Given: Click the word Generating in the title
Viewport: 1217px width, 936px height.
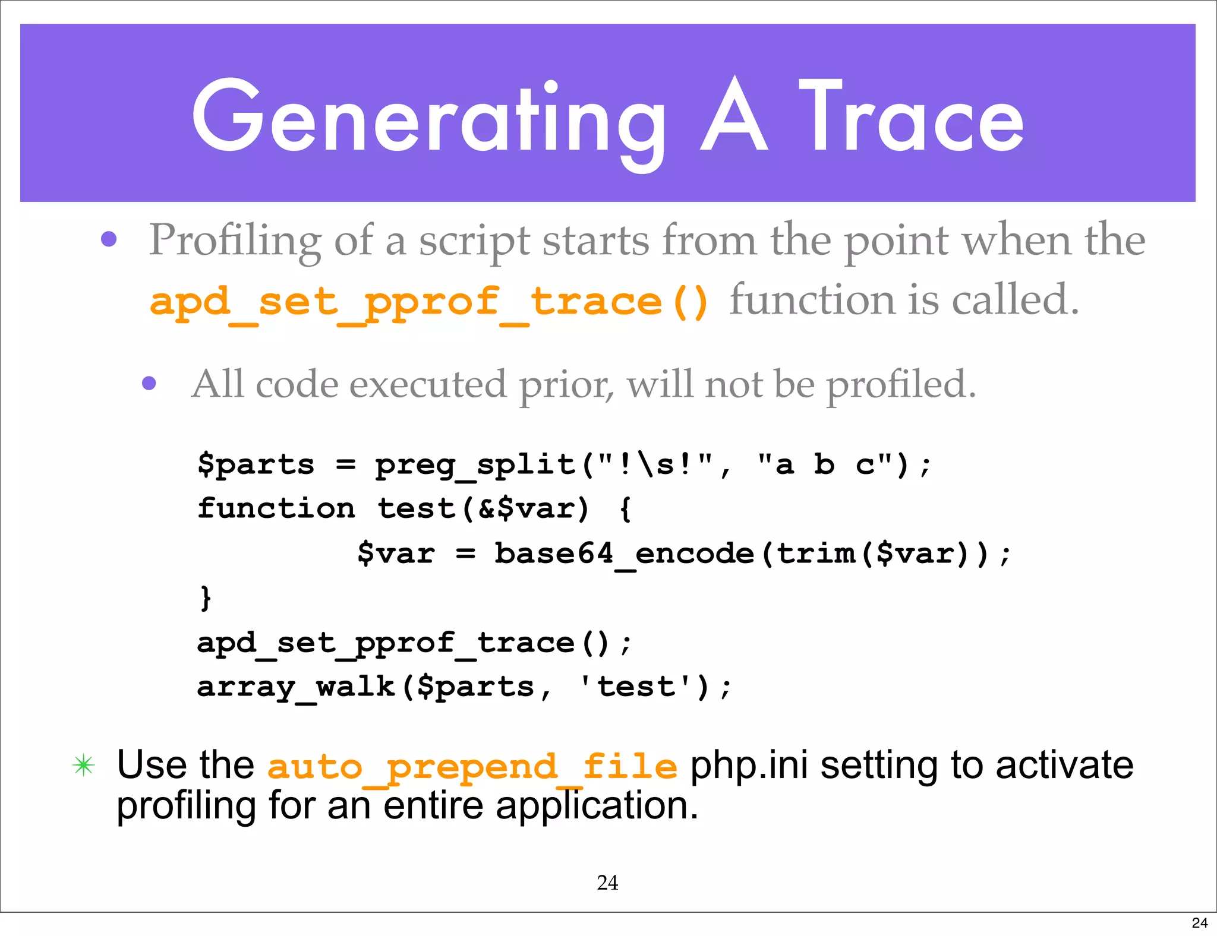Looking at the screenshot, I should coord(428,119).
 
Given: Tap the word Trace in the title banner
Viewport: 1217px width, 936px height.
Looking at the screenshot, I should coord(912,119).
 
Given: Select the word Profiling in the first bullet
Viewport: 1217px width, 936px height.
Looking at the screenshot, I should coord(235,241).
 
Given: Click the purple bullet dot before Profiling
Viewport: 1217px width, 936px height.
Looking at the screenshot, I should coord(109,239).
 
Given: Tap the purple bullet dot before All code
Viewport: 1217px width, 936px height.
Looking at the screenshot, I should coord(149,383).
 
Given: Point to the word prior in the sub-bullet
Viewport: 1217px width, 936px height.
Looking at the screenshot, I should coord(565,385).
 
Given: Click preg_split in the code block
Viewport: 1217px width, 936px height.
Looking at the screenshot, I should coord(475,464).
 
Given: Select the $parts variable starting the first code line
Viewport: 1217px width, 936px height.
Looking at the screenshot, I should coord(256,464).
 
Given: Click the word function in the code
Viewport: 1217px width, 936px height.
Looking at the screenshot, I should coord(276,508).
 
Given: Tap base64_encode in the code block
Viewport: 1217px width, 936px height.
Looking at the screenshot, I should coord(624,554).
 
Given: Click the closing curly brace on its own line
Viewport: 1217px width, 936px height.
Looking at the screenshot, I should coord(206,597).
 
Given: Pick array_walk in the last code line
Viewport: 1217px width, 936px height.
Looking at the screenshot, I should coord(296,687).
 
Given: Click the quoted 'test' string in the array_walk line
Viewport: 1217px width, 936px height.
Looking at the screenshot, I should coord(636,687).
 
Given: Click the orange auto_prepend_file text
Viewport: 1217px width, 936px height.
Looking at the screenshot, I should coord(472,766).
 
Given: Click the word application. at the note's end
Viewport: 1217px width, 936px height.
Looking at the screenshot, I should coord(597,806).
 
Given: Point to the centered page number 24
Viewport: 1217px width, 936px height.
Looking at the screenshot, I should coord(607,883).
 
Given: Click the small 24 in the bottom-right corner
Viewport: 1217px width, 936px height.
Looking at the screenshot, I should coord(1199,922).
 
